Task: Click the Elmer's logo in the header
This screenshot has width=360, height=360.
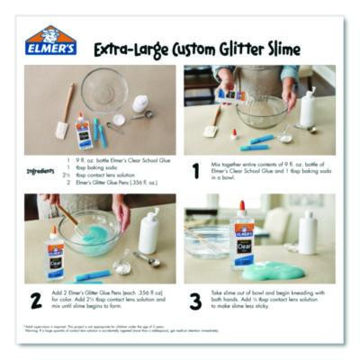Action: click(50, 41)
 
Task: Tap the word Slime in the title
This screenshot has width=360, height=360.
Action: click(279, 49)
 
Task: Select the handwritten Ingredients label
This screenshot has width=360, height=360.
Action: click(40, 169)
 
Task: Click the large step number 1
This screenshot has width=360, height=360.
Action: click(195, 169)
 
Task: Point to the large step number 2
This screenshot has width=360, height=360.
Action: click(36, 301)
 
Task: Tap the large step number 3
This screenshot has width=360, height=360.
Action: click(195, 301)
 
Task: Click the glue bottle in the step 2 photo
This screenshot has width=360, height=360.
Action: click(55, 251)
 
